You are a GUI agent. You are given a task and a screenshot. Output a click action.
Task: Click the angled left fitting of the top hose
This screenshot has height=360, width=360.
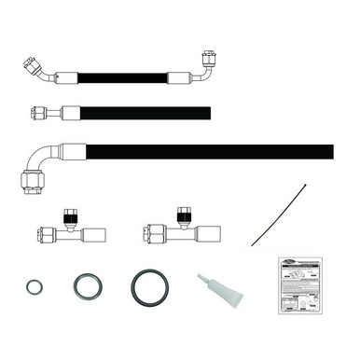[37, 69]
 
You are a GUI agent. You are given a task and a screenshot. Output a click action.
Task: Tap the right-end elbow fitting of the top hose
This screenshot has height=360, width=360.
[205, 65]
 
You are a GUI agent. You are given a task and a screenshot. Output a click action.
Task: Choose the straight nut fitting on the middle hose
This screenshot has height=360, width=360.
[39, 114]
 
